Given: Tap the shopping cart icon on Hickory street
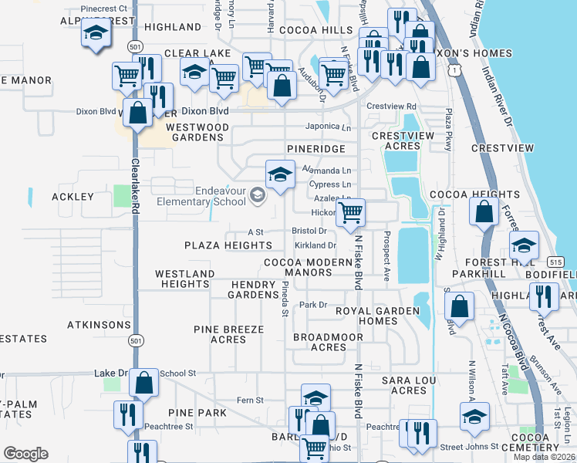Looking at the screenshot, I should [351, 213].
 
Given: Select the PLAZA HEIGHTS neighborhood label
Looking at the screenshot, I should [228, 245].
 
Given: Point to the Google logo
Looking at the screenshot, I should [25, 454].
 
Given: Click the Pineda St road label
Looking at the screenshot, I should [285, 298].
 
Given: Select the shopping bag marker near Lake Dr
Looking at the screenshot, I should [144, 381].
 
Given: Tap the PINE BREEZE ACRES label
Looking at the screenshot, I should [228, 334].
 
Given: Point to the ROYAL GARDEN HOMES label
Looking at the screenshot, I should [366, 316].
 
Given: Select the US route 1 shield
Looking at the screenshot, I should [457, 71].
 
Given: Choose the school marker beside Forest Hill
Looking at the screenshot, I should [524, 246].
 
